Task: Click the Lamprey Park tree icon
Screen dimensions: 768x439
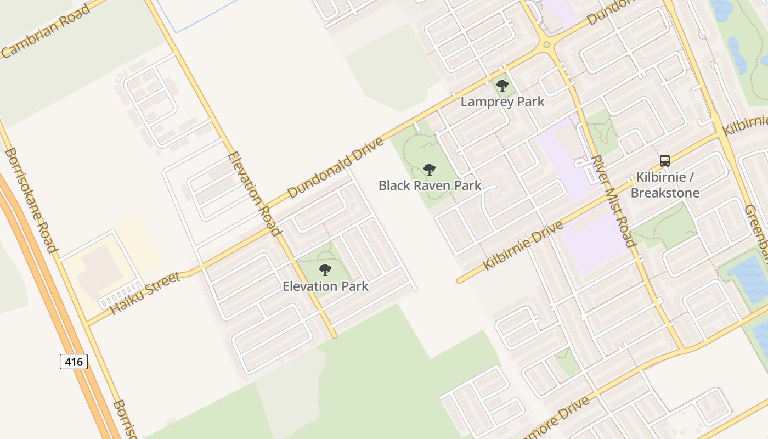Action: click(x=502, y=86)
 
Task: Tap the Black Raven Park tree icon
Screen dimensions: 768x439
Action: click(x=430, y=169)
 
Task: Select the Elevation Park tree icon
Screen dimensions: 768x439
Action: click(x=325, y=270)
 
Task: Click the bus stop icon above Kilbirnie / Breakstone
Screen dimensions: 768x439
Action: click(x=665, y=161)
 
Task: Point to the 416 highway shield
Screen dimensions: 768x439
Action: click(x=74, y=362)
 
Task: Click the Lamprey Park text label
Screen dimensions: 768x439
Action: click(x=502, y=102)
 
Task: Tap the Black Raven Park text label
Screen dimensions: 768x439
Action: click(x=430, y=185)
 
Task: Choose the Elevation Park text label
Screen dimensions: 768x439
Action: click(x=325, y=286)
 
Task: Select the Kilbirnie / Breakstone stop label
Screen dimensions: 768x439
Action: click(x=665, y=185)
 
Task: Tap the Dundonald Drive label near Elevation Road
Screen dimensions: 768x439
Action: click(x=335, y=168)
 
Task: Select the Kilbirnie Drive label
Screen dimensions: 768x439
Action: click(x=523, y=245)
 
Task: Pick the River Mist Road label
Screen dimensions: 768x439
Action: click(x=613, y=200)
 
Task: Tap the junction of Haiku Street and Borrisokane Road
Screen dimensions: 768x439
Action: click(x=87, y=323)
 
